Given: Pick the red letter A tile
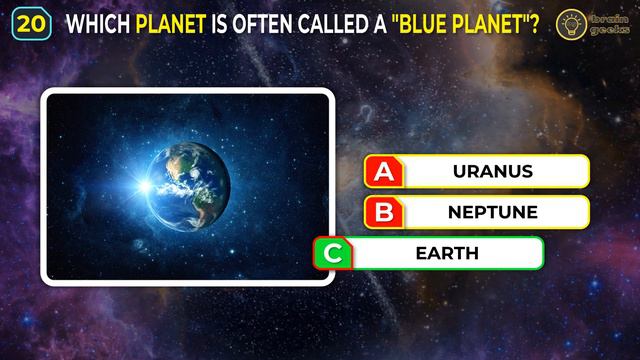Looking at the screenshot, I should [x=383, y=171].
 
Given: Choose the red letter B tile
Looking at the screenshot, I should [x=383, y=212].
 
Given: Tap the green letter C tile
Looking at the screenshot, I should [x=332, y=253].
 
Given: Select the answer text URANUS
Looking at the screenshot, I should [x=492, y=171].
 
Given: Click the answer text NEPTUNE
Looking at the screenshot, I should [x=492, y=212].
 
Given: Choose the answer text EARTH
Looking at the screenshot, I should [x=447, y=253].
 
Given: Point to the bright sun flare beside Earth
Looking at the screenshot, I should [x=149, y=186].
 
